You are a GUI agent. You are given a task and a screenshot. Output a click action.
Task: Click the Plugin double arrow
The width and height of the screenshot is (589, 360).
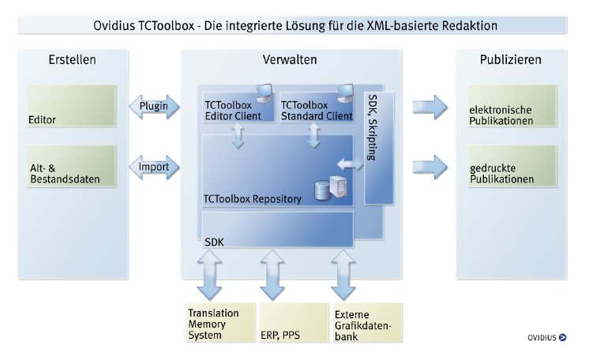(156, 106)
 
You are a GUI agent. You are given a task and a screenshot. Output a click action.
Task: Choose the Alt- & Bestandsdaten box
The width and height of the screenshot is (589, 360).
(71, 166)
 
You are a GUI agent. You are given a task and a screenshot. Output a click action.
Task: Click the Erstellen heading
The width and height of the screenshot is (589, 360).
(73, 61)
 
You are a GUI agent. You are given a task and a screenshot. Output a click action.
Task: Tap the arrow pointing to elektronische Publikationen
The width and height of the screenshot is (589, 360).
(429, 106)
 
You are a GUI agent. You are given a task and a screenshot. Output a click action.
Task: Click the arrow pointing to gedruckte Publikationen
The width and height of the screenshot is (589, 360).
(429, 167)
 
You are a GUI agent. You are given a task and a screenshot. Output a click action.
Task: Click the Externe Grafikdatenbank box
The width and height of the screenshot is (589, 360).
(366, 323)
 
